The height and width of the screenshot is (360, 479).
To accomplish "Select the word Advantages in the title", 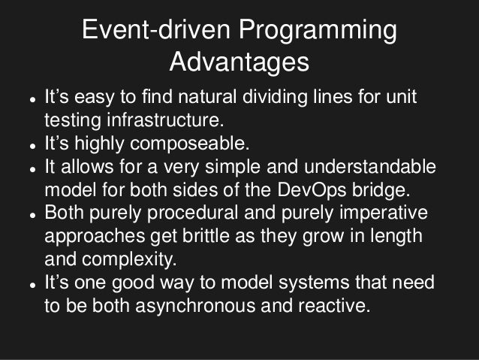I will [239, 63].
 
